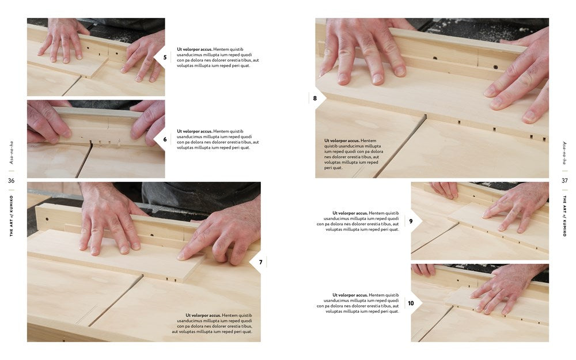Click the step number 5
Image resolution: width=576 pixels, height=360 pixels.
pos(165,57)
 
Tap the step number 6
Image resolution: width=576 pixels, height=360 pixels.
pos(165,139)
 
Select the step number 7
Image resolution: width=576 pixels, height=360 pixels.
pos(260,262)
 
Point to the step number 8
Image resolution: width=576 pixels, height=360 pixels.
pos(315,98)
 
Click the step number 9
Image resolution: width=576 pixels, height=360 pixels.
pos(411,221)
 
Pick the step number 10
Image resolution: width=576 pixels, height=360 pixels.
pos(411,303)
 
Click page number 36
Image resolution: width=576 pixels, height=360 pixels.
pos(12,180)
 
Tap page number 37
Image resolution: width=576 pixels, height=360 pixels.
pos(564,180)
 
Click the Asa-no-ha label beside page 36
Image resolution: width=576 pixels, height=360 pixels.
pos(12,153)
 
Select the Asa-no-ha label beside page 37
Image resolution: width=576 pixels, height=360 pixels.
pos(564,153)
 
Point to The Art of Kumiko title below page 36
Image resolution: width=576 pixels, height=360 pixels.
pos(12,215)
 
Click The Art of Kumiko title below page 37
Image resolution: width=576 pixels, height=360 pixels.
pos(564,215)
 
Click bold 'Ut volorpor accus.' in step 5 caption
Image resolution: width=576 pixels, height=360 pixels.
pos(194,49)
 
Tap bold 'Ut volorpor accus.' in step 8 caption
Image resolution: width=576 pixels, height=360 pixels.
pos(342,141)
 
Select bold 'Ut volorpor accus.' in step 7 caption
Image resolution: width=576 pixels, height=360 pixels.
pos(203,315)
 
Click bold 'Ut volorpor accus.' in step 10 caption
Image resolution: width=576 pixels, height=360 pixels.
pos(350,295)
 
